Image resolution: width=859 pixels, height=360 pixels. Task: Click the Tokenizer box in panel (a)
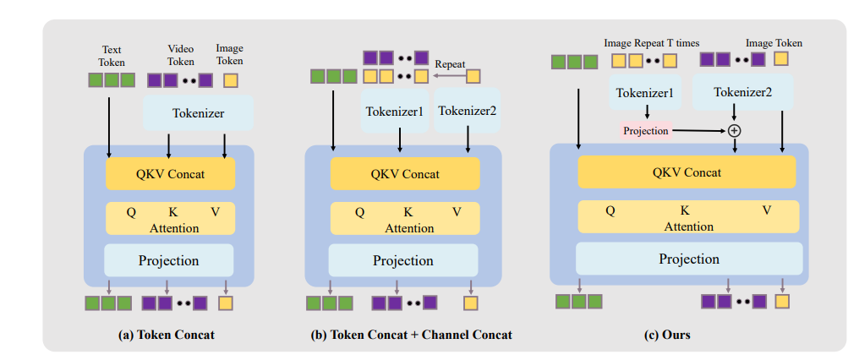pos(198,112)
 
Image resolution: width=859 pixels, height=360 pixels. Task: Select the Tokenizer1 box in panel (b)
pos(395,110)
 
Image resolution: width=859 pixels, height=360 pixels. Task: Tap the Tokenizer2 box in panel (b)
pos(468,110)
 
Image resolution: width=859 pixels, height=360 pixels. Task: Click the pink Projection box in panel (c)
pos(646,130)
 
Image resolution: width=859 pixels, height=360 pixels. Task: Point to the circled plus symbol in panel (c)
pos(734,130)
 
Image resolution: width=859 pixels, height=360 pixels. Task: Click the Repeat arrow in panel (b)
pos(447,76)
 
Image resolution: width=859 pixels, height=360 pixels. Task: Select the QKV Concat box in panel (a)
pos(169,174)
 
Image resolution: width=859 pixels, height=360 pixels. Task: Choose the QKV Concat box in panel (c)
pos(686,172)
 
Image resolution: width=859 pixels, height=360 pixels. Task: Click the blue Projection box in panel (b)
pos(402,260)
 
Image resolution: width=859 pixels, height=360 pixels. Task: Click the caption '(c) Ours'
pos(667,335)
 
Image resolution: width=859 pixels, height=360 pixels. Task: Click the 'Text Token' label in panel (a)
pos(112,55)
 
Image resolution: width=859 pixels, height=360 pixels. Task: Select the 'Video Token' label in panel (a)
pos(180,55)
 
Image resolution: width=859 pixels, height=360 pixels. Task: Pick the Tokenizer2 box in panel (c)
pos(742,92)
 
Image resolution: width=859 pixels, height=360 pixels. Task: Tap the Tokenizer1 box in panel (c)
pos(646,93)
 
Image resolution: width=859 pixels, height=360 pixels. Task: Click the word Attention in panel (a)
pos(173,228)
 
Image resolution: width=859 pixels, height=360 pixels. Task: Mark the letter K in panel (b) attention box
pos(408,212)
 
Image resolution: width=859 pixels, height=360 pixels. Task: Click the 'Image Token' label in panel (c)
pos(774,42)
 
